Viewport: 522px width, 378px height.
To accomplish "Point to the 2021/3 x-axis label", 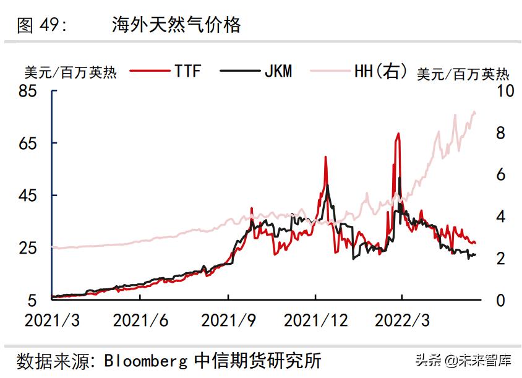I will point(51,320).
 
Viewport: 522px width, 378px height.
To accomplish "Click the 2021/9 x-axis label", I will point(228,320).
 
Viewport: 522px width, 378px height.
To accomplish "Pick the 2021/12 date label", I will point(315,320).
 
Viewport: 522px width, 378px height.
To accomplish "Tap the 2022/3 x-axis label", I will point(402,320).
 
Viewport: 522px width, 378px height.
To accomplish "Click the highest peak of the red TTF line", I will point(398,133).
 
